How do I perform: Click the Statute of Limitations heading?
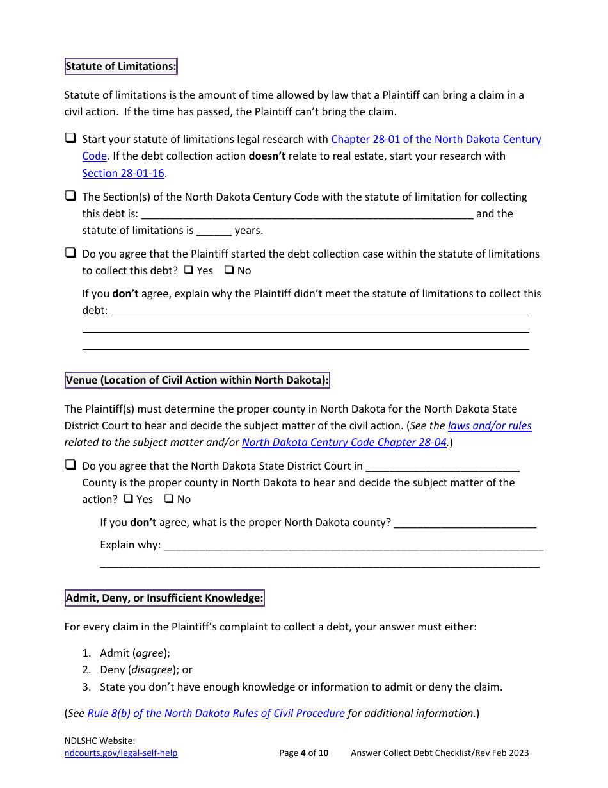[x=121, y=66]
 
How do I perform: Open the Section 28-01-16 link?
[x=123, y=173]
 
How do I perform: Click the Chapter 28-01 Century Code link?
[x=435, y=139]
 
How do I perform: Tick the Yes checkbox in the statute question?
[x=189, y=270]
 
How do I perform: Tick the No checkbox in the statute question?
[x=229, y=270]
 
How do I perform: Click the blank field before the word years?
[x=214, y=231]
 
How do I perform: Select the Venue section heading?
[x=197, y=380]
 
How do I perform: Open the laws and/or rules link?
[x=490, y=425]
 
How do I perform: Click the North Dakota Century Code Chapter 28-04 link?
[x=344, y=442]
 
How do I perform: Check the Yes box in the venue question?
[x=129, y=499]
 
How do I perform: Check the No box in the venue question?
[x=169, y=499]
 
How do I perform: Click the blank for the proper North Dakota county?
[x=465, y=523]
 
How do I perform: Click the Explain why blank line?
[x=353, y=546]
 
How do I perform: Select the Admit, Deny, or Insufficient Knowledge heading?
[x=164, y=598]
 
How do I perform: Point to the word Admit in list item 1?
[x=115, y=653]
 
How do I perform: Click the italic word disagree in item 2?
[x=152, y=669]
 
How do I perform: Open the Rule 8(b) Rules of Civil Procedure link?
[x=216, y=713]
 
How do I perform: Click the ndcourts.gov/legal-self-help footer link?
[x=121, y=753]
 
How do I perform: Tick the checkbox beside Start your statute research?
[x=70, y=138]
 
